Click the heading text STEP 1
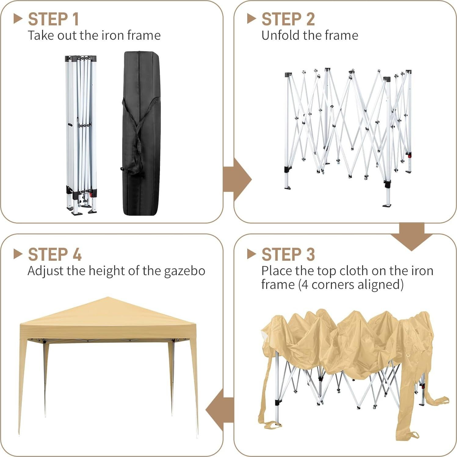click(x=53, y=19)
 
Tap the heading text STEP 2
click(x=288, y=19)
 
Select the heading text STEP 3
click(x=288, y=255)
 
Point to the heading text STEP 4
click(x=55, y=255)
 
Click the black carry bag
click(x=141, y=133)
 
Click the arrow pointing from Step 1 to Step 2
click(x=238, y=180)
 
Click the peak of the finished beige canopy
click(x=107, y=298)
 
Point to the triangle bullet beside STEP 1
click(x=18, y=19)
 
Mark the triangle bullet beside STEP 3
click(x=251, y=254)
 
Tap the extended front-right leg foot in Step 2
click(x=387, y=205)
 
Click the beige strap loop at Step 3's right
click(x=442, y=400)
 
